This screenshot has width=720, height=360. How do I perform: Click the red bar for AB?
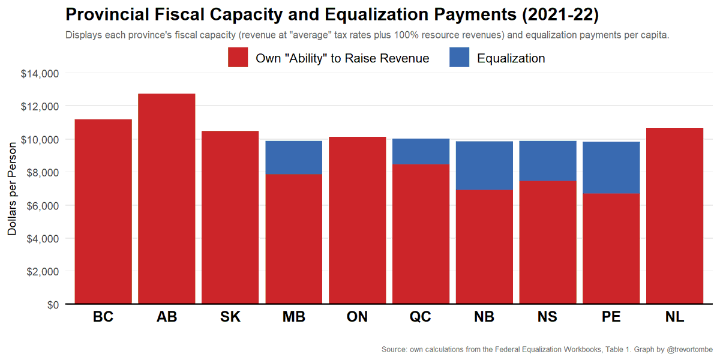click(166, 198)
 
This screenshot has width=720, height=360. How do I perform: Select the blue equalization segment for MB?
click(294, 157)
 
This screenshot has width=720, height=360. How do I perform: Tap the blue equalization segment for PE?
click(611, 167)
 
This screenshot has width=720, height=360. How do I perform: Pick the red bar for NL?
click(674, 216)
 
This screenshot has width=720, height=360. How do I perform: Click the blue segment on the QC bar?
click(421, 151)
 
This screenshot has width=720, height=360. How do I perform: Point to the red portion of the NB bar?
click(484, 246)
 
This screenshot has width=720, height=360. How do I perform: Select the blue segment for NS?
click(547, 161)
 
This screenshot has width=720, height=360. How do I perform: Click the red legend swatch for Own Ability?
click(238, 58)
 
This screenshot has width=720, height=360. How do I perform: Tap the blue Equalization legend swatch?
click(459, 58)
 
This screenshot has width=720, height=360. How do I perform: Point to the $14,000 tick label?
click(40, 73)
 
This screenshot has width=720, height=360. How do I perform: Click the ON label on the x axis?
click(357, 317)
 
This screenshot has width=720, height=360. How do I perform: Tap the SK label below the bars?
click(230, 317)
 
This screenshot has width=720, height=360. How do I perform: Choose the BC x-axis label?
click(103, 317)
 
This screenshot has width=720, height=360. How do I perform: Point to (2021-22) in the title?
click(557, 14)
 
